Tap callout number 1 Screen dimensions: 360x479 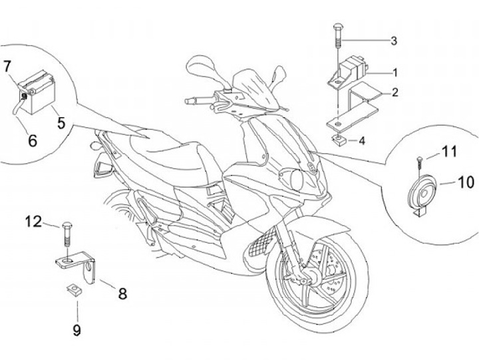(x=394, y=71)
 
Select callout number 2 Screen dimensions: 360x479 (x=395, y=92)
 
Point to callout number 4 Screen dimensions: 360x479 (x=361, y=140)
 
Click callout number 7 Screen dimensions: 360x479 (x=7, y=66)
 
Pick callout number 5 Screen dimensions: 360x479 (x=61, y=122)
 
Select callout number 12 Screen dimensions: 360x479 (x=33, y=222)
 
